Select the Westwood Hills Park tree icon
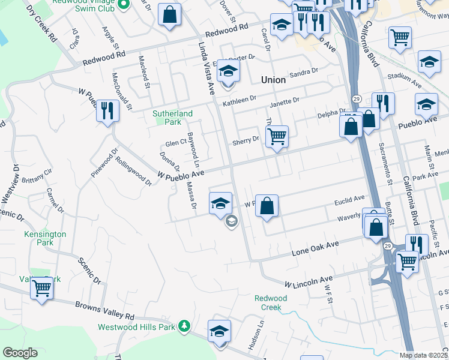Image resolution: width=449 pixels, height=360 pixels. click(x=185, y=326)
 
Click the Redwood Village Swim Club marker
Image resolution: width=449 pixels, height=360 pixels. click(x=124, y=5)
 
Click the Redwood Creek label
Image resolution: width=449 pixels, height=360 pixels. click(x=271, y=302)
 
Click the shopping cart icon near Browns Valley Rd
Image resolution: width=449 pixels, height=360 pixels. click(x=41, y=288)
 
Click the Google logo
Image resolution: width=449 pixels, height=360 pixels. click(x=20, y=353)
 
